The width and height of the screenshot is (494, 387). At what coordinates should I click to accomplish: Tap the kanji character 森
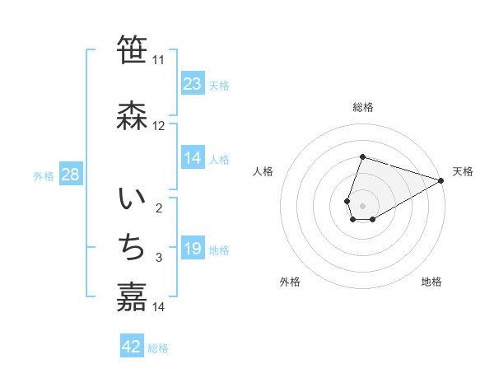[132, 114]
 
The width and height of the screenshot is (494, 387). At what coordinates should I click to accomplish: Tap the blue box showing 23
[193, 84]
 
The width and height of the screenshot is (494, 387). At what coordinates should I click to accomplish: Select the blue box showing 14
[193, 158]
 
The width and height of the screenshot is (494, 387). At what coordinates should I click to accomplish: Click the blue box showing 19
[193, 249]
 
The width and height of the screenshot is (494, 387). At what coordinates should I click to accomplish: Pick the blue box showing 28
[70, 175]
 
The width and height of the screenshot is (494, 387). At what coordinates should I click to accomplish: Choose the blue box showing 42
[132, 347]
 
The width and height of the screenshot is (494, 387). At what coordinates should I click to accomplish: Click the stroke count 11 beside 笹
[159, 60]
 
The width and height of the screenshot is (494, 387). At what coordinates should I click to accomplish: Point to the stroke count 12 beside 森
[159, 126]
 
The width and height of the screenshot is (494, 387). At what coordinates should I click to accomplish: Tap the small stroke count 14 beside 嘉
[159, 308]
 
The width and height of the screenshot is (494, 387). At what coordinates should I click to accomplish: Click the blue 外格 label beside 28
[44, 175]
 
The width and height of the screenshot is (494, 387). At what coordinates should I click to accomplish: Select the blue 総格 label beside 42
[158, 348]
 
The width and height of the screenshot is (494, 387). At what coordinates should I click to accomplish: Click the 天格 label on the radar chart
[463, 172]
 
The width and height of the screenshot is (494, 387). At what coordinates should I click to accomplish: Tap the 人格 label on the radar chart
[263, 172]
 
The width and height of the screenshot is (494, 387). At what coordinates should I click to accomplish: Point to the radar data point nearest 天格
[441, 181]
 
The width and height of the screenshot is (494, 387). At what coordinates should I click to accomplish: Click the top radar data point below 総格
[362, 156]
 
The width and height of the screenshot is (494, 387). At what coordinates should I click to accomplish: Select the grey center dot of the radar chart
[362, 204]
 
